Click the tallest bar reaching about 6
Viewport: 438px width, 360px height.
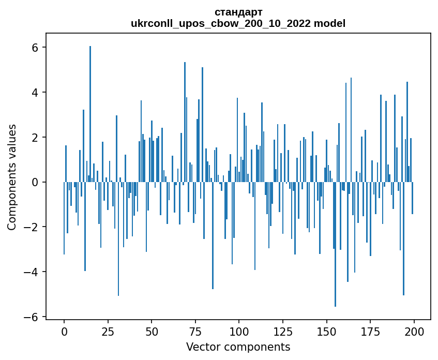[x=90, y=114]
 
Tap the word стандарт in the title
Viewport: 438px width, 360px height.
[x=238, y=12]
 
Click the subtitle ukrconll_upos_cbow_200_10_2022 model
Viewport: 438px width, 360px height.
[x=238, y=23]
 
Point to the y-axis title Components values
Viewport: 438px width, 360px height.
[x=11, y=177]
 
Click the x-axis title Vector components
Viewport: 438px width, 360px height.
[x=238, y=347]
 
